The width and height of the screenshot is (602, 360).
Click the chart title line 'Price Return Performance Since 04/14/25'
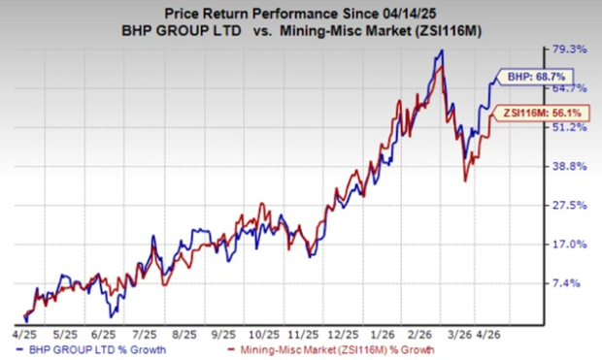point(300,12)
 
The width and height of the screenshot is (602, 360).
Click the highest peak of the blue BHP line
point(443,50)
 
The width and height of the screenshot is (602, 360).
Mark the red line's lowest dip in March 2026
point(466,180)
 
